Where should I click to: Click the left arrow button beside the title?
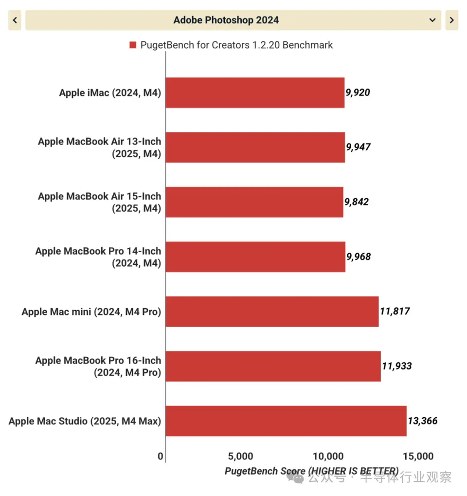pos(15,20)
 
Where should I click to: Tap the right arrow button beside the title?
pos(451,20)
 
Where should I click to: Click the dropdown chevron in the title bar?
pos(432,20)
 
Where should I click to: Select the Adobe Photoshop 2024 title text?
pos(226,20)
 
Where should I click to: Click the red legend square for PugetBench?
pos(132,45)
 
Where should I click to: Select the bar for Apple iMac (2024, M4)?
pos(255,92)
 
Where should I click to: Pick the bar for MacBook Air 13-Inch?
pos(255,147)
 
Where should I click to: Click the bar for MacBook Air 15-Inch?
pos(254,202)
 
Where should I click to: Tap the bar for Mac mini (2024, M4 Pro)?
pos(272,312)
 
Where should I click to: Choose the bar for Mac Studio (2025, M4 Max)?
pos(286,421)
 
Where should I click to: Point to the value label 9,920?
pos(358,92)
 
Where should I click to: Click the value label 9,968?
pos(359,257)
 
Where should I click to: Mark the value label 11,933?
pos(396,366)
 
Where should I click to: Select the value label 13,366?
pos(422,421)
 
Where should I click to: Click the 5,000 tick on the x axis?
pos(240,457)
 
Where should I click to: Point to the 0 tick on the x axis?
pos(161,457)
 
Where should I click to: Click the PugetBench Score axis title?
pos(311,471)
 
